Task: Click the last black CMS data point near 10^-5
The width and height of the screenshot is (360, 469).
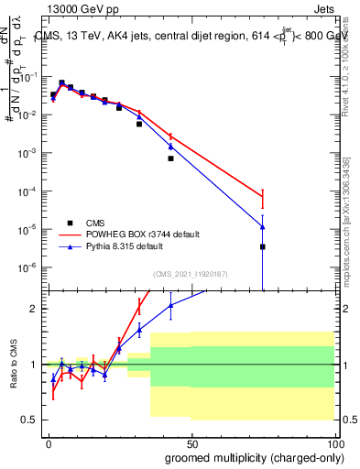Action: point(263,246)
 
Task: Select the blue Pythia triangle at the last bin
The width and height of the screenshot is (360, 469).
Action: point(263,227)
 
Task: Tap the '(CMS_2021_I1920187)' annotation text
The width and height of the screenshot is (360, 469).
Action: point(190,273)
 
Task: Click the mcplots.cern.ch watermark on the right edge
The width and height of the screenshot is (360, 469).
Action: point(353,229)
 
